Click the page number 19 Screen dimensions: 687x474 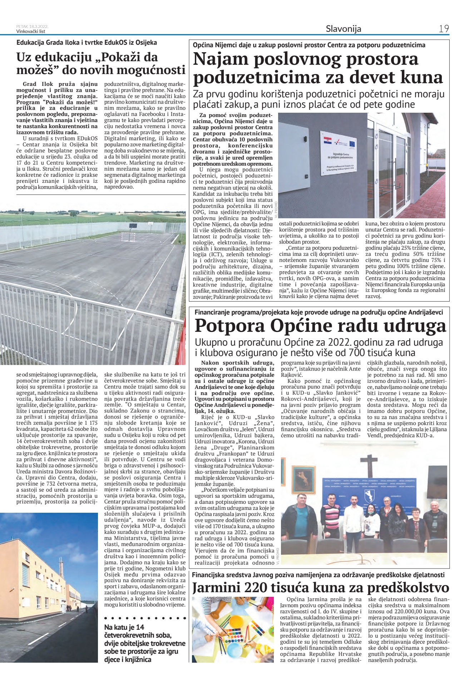tap(444, 29)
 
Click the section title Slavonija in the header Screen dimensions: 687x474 tap(343, 29)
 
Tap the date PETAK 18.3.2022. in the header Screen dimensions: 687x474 tap(32, 26)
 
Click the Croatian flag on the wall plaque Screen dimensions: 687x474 tap(325, 139)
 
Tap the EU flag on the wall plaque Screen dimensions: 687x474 tap(352, 143)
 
